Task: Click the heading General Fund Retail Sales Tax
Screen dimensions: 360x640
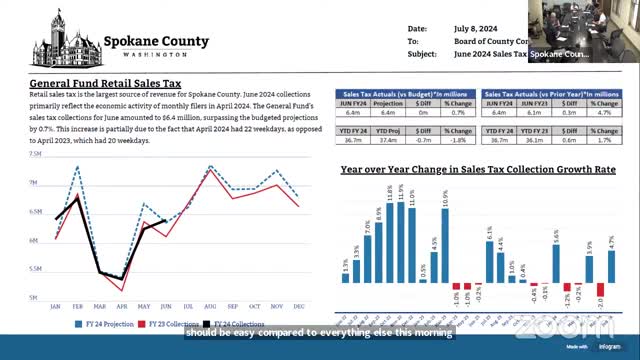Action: coord(104,84)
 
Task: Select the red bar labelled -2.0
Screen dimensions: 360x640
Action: coord(600,291)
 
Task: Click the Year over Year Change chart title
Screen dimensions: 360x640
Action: coord(476,171)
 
